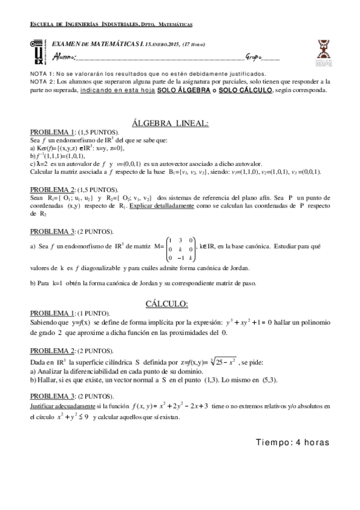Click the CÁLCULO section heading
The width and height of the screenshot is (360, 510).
(179, 303)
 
